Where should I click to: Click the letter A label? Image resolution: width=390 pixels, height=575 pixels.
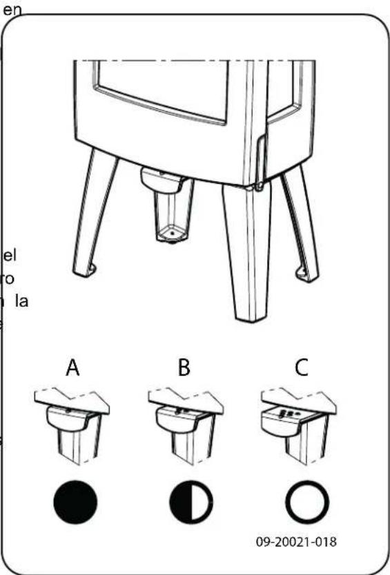pos(73,368)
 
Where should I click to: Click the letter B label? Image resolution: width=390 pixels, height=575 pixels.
pos(183,368)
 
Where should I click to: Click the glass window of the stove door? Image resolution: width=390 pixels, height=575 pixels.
pos(162,86)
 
